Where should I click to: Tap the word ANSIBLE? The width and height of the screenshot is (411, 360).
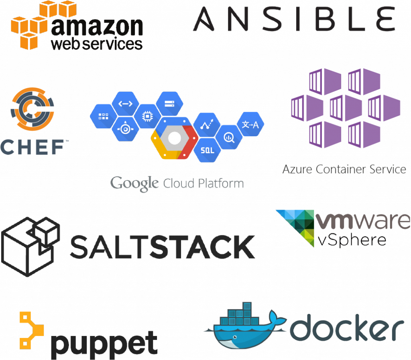click(x=294, y=19)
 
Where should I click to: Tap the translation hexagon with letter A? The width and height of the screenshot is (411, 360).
click(x=250, y=124)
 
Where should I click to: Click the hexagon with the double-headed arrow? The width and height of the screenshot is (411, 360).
click(x=125, y=103)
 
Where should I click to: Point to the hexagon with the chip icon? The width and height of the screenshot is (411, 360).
click(x=147, y=116)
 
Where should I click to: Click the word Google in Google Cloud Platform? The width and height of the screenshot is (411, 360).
click(x=134, y=184)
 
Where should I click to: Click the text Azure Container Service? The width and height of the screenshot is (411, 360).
click(x=344, y=169)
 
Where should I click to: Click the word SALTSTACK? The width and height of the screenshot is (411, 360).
click(x=162, y=246)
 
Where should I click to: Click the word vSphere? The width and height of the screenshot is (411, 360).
click(x=352, y=240)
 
